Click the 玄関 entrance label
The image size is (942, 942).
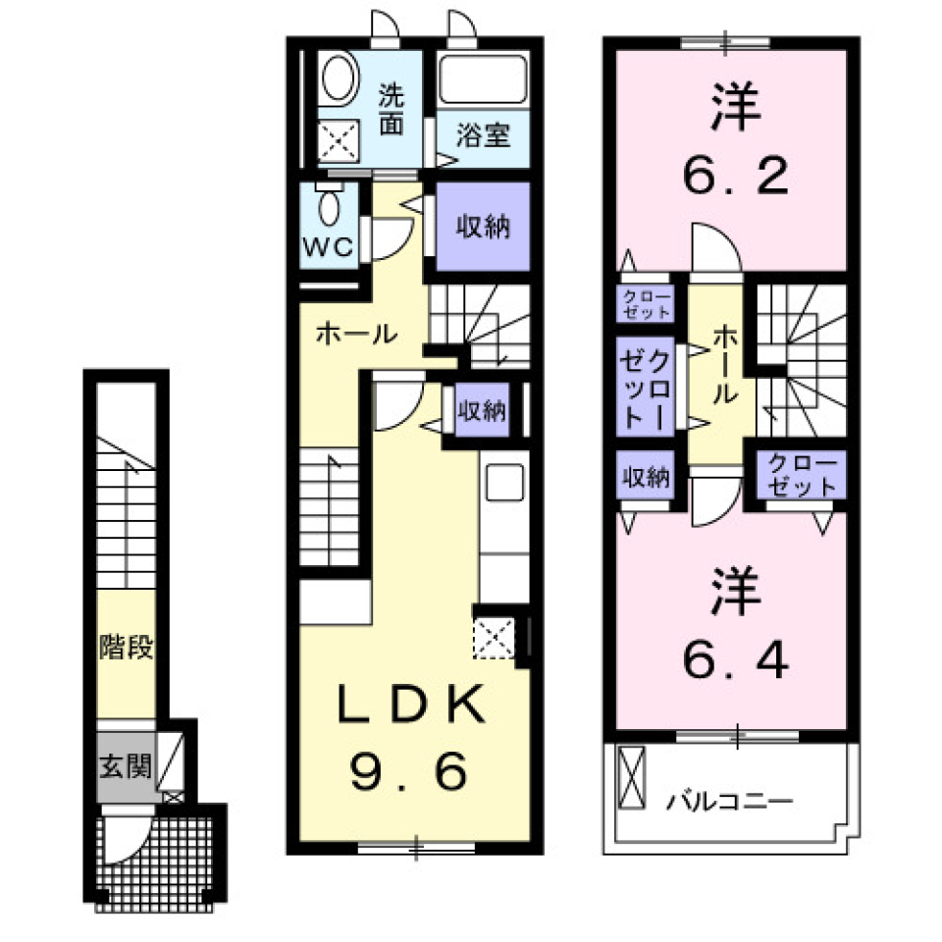pos(124,764)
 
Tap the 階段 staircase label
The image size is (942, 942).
pos(126,649)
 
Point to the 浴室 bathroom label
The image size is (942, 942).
pos(484,134)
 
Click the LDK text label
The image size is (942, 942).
pos(412,705)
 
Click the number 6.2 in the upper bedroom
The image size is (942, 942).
pos(734,177)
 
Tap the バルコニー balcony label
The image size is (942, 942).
pos(729,802)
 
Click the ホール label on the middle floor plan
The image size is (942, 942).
pos(355,334)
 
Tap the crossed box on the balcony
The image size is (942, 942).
pos(632,778)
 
